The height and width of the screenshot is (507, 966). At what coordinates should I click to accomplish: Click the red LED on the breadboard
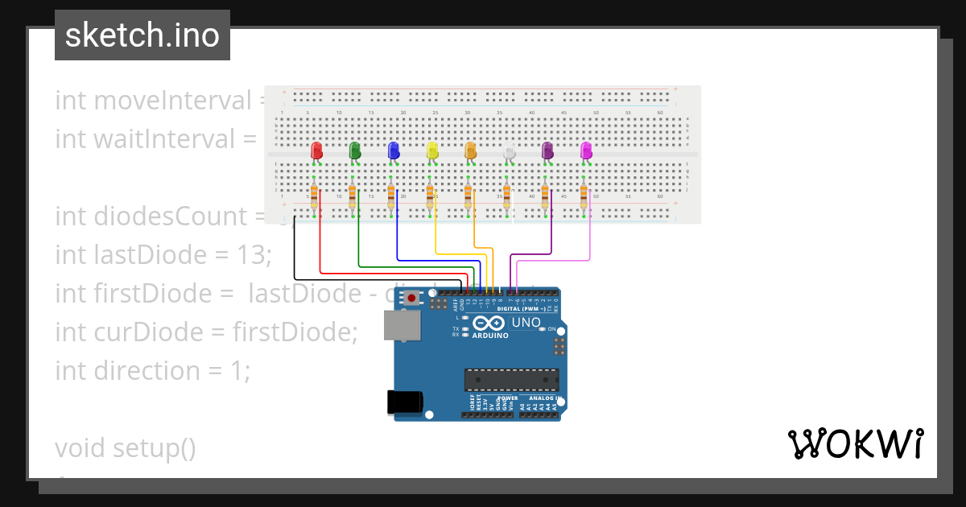click(x=316, y=150)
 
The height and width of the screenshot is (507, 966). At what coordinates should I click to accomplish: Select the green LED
click(x=355, y=150)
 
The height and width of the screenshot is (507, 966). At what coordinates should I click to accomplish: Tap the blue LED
click(x=394, y=150)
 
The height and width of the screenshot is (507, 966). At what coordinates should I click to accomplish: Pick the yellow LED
click(x=432, y=150)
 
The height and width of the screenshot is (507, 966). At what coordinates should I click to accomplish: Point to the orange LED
click(x=471, y=150)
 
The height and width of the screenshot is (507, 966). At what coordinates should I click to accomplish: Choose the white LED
click(x=509, y=150)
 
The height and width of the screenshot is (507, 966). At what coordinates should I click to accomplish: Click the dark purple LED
click(x=547, y=150)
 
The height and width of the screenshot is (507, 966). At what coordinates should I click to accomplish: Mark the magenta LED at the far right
click(x=586, y=150)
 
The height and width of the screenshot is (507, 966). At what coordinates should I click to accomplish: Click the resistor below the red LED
click(x=314, y=197)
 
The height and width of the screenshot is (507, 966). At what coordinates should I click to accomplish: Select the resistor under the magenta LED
click(x=584, y=197)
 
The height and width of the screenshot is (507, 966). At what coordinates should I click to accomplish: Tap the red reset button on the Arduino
click(x=412, y=298)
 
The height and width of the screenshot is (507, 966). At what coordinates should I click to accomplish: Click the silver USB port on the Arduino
click(x=401, y=325)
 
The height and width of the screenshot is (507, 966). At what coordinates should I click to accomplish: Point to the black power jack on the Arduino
click(x=404, y=402)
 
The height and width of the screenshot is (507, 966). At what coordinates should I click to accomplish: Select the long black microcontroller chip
click(x=511, y=380)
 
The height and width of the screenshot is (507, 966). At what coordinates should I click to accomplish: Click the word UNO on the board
click(x=526, y=324)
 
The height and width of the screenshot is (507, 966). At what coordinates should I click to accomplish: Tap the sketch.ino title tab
click(x=142, y=35)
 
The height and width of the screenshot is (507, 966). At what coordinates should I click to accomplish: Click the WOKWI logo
click(x=855, y=444)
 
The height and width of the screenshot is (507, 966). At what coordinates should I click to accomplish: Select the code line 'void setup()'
click(x=126, y=447)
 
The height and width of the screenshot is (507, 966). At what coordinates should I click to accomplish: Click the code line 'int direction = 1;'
click(x=153, y=371)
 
